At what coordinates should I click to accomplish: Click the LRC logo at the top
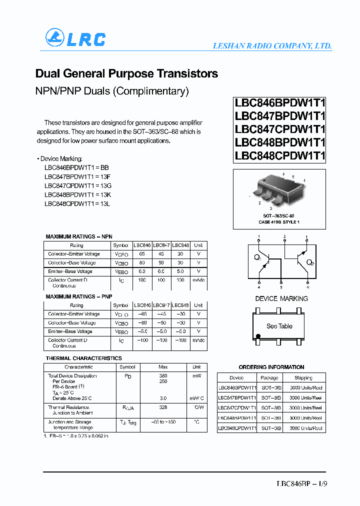click(75, 38)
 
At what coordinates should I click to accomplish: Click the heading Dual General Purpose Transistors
click(126, 73)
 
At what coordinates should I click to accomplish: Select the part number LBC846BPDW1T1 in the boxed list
click(280, 103)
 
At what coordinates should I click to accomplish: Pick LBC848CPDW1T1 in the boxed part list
click(280, 155)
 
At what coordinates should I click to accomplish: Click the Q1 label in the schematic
click(257, 257)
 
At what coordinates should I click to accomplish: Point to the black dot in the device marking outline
click(258, 336)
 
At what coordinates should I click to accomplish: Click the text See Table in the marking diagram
click(279, 326)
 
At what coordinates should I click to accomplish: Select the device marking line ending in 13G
click(77, 185)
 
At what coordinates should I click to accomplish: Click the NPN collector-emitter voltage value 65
click(142, 254)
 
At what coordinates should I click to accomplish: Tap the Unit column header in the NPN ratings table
click(198, 245)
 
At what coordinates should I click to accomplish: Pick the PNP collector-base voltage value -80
click(142, 323)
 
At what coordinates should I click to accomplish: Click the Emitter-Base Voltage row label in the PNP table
click(70, 331)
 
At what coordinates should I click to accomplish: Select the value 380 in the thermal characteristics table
click(163, 375)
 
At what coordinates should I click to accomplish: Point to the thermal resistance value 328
click(163, 407)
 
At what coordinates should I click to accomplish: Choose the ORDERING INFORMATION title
click(271, 367)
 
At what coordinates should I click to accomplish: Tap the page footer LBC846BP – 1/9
click(302, 484)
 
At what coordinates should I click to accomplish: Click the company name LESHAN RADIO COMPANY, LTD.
click(272, 45)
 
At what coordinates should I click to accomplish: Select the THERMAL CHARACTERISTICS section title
click(83, 358)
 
